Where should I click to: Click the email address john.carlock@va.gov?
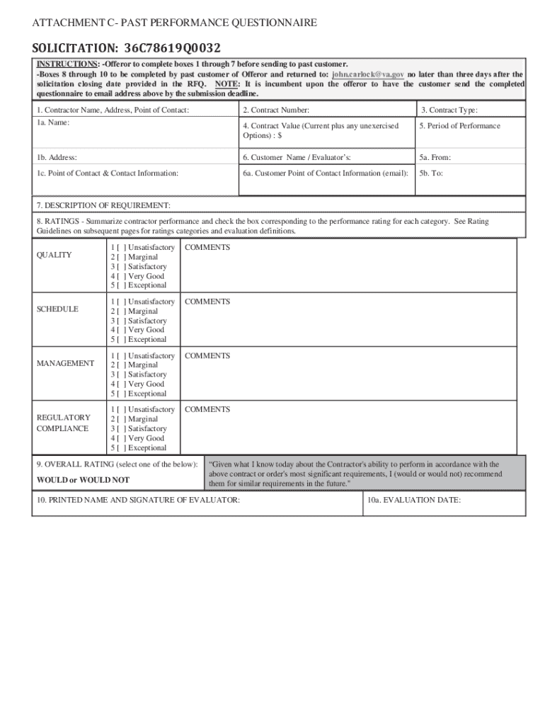click(368, 74)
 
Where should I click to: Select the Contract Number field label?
click(275, 110)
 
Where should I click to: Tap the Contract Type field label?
click(449, 110)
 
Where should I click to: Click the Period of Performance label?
click(459, 126)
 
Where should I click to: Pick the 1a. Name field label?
click(53, 122)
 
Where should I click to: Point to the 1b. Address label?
click(57, 158)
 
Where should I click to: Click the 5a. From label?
click(435, 158)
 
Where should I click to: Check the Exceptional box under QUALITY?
click(121, 285)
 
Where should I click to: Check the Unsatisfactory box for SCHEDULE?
click(121, 302)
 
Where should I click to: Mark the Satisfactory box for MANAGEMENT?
click(121, 375)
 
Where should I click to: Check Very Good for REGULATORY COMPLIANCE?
click(121, 438)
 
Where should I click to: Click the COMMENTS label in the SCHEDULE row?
click(207, 302)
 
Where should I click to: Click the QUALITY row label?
click(54, 255)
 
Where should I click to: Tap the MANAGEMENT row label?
click(65, 363)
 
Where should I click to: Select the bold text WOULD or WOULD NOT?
click(83, 480)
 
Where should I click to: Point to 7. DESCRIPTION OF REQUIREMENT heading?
click(103, 205)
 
